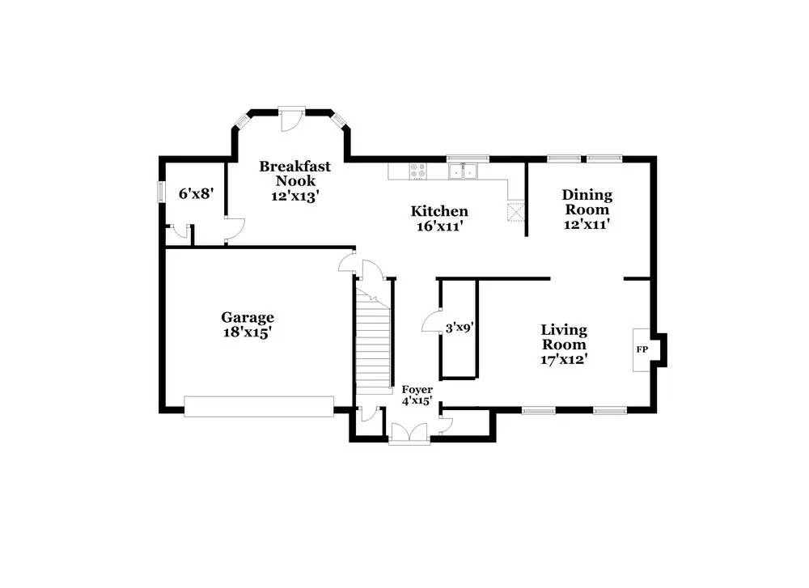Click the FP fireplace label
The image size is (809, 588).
(x=642, y=349)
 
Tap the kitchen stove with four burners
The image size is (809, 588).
(x=418, y=171)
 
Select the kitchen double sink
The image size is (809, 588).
(x=464, y=171)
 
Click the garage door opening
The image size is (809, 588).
(x=259, y=406)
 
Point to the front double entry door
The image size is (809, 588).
(x=409, y=434)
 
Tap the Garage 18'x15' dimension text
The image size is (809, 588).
(x=247, y=332)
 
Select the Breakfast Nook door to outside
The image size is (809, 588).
(x=291, y=119)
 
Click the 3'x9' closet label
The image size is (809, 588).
(x=460, y=327)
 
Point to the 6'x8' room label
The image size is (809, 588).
(x=196, y=193)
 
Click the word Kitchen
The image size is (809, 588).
(x=439, y=211)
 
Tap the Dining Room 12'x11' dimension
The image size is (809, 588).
(x=587, y=224)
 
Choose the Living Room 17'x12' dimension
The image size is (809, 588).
(x=564, y=359)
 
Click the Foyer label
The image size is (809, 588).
(x=417, y=389)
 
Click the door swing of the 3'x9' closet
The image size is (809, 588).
(x=430, y=321)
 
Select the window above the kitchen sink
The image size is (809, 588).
(x=468, y=159)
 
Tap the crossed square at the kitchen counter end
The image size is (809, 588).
(x=515, y=211)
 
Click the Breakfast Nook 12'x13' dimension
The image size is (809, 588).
(x=295, y=196)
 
